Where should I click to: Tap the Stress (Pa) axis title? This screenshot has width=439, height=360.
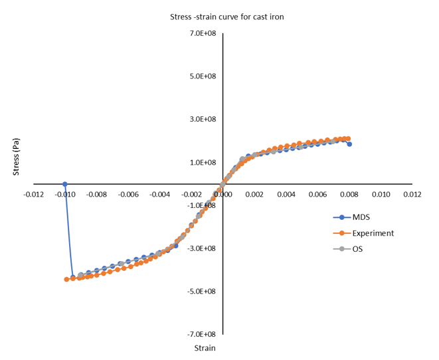[x=18, y=157]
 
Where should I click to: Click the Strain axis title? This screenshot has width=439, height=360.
[x=205, y=348]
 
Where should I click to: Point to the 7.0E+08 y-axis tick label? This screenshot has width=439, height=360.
[x=203, y=33]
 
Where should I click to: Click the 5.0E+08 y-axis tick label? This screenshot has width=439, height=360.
[x=203, y=76]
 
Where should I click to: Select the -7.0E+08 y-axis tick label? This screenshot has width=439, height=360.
[x=202, y=334]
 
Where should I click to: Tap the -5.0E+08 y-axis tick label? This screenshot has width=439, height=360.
[x=202, y=291]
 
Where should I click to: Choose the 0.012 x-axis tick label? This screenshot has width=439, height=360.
[x=412, y=195]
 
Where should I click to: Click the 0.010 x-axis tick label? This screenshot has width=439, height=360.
[x=381, y=195]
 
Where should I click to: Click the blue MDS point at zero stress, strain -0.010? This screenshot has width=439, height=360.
[x=65, y=184]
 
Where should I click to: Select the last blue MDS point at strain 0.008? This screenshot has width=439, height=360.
[x=349, y=144]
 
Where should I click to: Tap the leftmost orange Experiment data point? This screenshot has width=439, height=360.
[x=66, y=279]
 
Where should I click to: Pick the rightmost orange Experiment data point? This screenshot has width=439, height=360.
[x=348, y=139]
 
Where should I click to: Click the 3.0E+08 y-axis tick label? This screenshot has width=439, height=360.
[x=203, y=120]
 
